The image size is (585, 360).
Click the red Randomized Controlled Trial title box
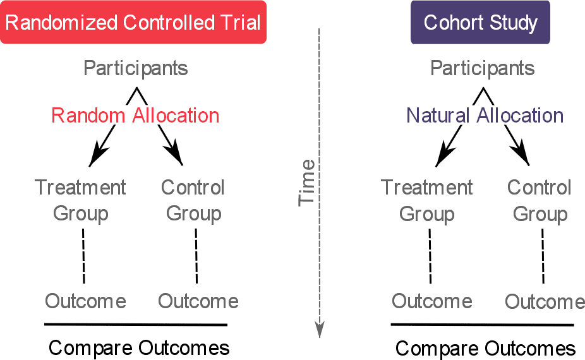(x=133, y=22)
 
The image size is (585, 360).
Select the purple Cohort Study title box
(x=480, y=22)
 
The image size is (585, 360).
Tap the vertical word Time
(x=306, y=183)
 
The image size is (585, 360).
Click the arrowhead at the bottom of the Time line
(x=320, y=330)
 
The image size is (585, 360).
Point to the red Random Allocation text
(x=135, y=116)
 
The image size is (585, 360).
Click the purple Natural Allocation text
(x=485, y=116)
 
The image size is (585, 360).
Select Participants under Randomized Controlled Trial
(x=135, y=69)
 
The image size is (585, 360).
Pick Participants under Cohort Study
(x=483, y=69)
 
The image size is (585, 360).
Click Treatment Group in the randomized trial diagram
(x=80, y=201)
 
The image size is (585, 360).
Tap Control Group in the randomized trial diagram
(x=193, y=201)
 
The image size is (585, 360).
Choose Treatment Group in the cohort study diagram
(x=427, y=201)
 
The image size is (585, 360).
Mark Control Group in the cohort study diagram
(x=540, y=201)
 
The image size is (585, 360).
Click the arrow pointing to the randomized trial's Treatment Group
(x=102, y=146)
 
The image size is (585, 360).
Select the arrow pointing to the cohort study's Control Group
(x=517, y=145)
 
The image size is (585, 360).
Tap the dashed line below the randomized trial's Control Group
(x=196, y=256)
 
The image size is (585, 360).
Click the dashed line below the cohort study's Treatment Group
(x=430, y=256)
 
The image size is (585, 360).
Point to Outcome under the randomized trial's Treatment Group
(x=85, y=301)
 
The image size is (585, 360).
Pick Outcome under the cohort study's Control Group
(x=545, y=301)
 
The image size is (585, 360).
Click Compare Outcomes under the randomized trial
(x=139, y=348)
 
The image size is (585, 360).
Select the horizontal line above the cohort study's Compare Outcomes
(x=483, y=325)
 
